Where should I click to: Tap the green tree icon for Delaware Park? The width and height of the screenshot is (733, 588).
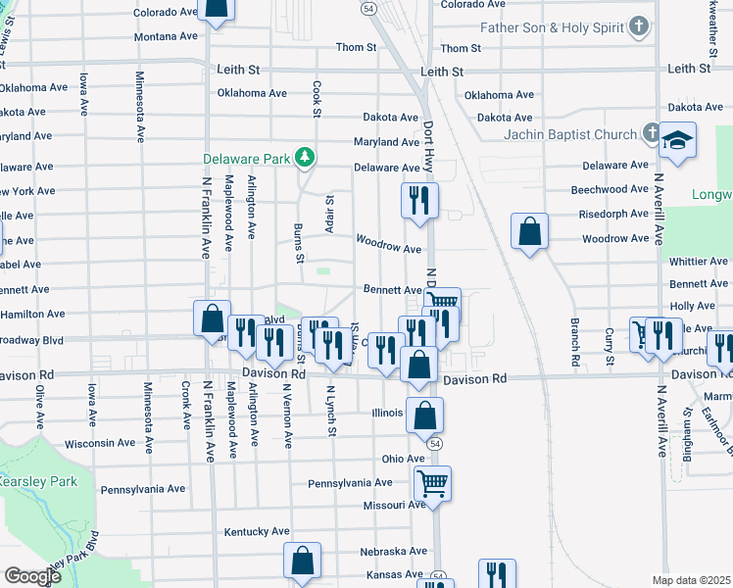pos(305,157)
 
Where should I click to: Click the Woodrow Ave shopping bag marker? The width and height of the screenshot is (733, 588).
pos(529,232)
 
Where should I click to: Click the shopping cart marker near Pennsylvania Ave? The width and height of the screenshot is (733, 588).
pos(432,483)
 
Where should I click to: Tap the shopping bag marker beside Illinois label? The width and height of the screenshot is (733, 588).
pos(424,416)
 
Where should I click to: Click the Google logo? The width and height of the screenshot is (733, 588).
pos(32,576)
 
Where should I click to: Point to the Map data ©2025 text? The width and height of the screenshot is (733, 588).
pos(692,580)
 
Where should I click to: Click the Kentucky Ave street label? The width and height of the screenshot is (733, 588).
pos(257,531)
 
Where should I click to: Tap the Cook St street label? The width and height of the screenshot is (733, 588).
pos(317,99)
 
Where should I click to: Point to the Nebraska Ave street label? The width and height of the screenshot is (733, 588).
pos(392,551)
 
